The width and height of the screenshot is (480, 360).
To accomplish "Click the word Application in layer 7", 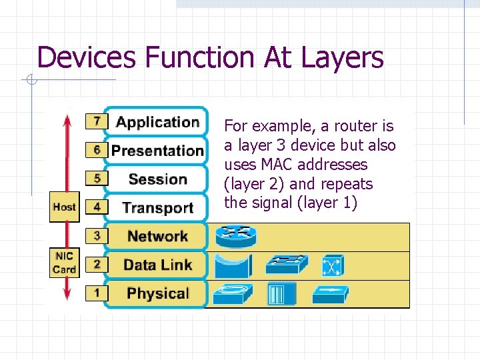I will (x=157, y=122).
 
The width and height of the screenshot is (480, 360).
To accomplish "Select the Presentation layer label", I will (x=157, y=151).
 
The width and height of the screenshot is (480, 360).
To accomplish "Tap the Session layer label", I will (x=157, y=179).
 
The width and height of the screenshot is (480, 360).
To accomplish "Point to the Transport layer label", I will (x=157, y=207).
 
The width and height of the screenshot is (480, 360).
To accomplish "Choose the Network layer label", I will (x=157, y=236).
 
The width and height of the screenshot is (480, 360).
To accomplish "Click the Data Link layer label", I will (x=157, y=265).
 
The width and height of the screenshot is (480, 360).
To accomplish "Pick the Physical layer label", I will (x=157, y=293).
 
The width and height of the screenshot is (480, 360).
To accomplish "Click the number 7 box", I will (x=97, y=121).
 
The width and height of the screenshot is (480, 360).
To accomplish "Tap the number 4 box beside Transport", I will (x=97, y=207).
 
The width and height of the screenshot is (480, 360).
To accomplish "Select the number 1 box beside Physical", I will (x=97, y=293).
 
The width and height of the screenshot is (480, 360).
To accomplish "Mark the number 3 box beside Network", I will (x=97, y=235).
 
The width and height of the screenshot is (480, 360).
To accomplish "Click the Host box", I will (x=64, y=207).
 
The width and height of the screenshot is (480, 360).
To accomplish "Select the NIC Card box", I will (x=64, y=263).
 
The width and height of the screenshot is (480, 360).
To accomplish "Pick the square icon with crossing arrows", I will (x=332, y=265).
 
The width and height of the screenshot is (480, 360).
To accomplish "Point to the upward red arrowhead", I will (x=67, y=120).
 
